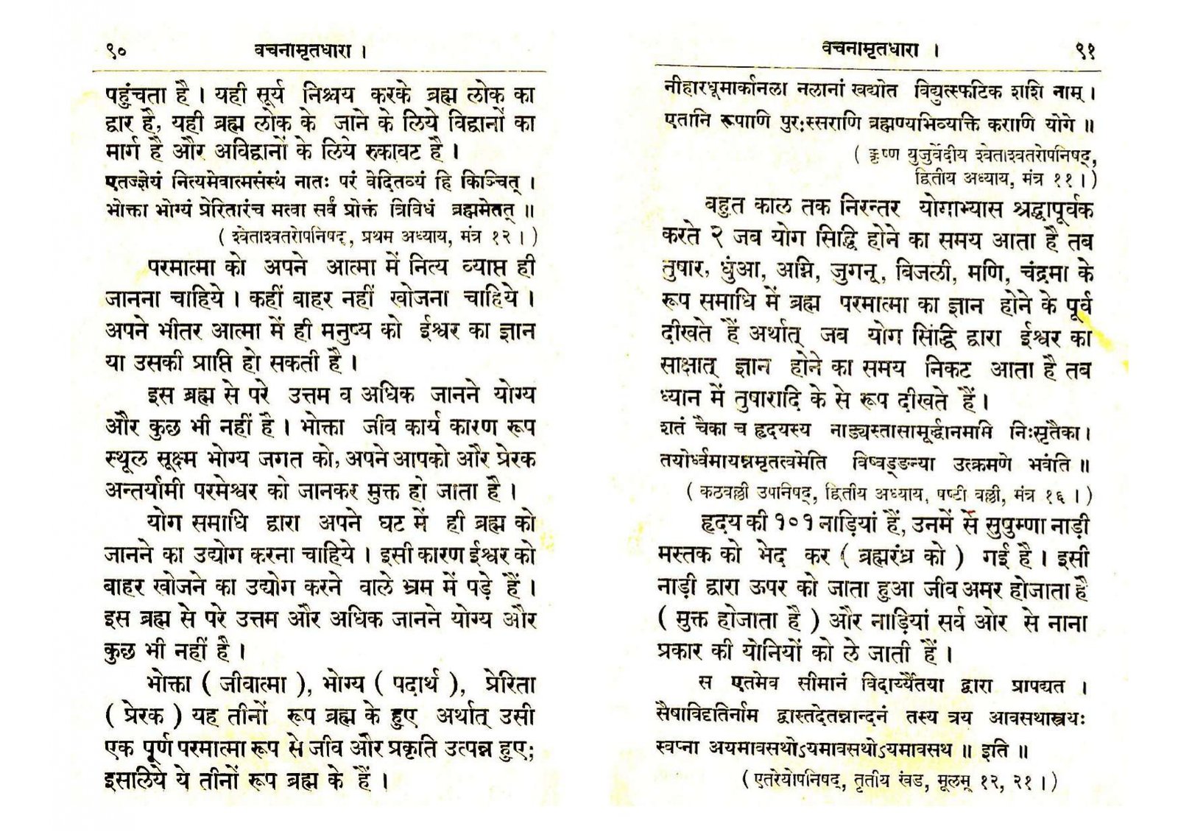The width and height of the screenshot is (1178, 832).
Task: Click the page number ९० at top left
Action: pyautogui.click(x=116, y=52)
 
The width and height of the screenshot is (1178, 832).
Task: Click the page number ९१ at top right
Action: pyautogui.click(x=1085, y=51)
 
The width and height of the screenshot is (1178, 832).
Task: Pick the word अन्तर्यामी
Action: pyautogui.click(x=147, y=490)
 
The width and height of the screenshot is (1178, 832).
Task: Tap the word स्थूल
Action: pyautogui.click(x=127, y=459)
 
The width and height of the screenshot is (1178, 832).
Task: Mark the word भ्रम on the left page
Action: pyautogui.click(x=420, y=587)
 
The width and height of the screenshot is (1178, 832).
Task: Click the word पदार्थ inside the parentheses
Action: pyautogui.click(x=415, y=685)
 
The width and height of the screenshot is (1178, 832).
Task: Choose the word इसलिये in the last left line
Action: pyautogui.click(x=135, y=780)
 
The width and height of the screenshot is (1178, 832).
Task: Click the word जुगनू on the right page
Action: pyautogui.click(x=857, y=273)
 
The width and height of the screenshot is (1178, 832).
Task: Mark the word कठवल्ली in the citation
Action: pyautogui.click(x=724, y=494)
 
